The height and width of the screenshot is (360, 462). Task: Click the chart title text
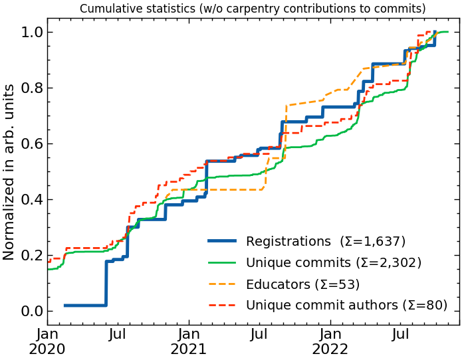pos(253,9)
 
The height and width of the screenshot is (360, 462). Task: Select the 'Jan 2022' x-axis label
pos(330,340)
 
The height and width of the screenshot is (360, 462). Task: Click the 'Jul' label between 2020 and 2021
pos(118,333)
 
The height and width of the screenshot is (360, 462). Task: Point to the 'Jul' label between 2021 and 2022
pos(260,333)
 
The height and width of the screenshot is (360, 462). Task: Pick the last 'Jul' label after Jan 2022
pos(401,333)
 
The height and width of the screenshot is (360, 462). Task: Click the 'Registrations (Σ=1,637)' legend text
pos(326,241)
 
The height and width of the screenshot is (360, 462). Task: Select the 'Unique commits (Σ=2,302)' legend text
pos(334,262)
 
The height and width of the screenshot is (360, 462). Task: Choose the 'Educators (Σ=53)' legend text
pos(302,284)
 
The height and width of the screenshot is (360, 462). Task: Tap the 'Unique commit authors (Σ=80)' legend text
pos(346,306)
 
